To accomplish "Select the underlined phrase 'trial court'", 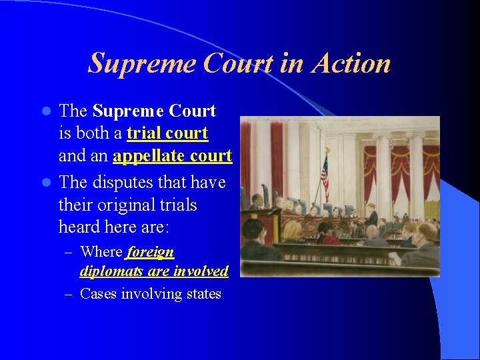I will click(x=167, y=133).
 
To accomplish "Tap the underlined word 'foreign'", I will click(x=150, y=252).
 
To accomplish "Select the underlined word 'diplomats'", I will click(x=109, y=271).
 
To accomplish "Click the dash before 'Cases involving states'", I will click(x=69, y=294).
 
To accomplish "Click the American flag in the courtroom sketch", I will click(x=325, y=177).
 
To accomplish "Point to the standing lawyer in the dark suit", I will click(x=372, y=217).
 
